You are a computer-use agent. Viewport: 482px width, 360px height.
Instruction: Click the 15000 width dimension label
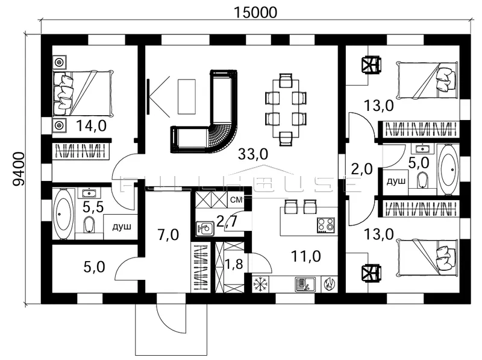click(x=255, y=12)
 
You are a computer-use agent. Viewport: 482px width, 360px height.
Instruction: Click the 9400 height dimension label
click(x=19, y=169)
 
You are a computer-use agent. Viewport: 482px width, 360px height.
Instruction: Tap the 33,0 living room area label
click(x=253, y=154)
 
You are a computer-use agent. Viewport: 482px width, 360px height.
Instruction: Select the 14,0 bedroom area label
click(x=92, y=125)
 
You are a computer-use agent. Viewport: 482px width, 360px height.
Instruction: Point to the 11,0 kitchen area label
click(x=306, y=256)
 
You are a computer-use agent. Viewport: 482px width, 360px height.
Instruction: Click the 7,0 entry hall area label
click(x=168, y=235)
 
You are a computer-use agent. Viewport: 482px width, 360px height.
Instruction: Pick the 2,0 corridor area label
click(x=362, y=169)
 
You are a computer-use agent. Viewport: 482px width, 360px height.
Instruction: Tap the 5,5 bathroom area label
click(x=93, y=207)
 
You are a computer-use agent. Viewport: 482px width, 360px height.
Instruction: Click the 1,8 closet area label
click(x=234, y=264)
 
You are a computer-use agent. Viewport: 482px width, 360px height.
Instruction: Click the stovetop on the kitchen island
click(x=325, y=224)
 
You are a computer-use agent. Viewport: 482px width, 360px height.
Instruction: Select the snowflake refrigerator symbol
click(x=260, y=284)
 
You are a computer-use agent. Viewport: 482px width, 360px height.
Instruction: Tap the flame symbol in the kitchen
click(x=329, y=284)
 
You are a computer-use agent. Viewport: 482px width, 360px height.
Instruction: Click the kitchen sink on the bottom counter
click(x=305, y=284)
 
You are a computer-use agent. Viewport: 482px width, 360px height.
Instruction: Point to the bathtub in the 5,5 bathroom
click(x=64, y=214)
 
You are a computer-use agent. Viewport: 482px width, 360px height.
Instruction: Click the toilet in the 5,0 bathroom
click(x=423, y=180)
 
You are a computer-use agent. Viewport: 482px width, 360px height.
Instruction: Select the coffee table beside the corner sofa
click(x=187, y=96)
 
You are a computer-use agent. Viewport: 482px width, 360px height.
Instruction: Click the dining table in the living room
click(x=286, y=109)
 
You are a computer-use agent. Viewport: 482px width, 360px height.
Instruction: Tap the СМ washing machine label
click(x=236, y=200)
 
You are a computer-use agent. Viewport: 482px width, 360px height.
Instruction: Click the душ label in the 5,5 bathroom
click(x=122, y=227)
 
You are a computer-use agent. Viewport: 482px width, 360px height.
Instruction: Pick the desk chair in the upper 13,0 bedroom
click(x=372, y=65)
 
